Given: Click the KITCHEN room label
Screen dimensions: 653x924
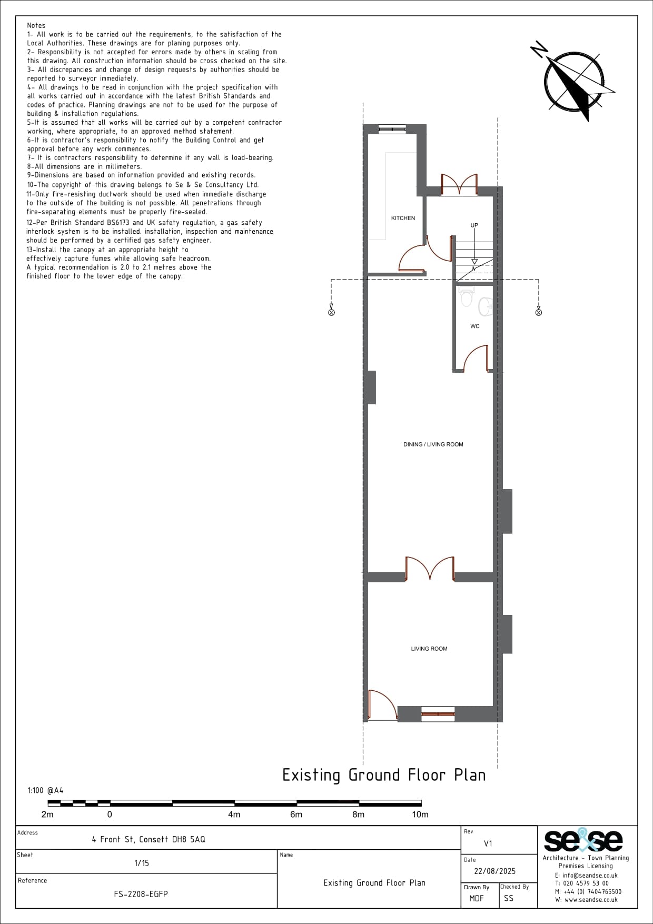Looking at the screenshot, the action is tap(403, 218).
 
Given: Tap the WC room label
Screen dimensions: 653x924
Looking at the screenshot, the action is tap(475, 326).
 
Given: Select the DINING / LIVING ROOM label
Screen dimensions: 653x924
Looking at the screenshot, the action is tap(433, 444).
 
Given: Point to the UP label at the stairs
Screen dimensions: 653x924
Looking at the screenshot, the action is tap(474, 225).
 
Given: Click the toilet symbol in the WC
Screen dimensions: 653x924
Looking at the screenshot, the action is tap(466, 296).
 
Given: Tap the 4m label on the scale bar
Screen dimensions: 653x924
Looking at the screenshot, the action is tap(234, 814).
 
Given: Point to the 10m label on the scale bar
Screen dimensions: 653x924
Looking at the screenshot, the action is tap(420, 814).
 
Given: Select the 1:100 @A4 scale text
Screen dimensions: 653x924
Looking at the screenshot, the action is tap(45, 790).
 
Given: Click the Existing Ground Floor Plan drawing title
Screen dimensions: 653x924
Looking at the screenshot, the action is tap(384, 775).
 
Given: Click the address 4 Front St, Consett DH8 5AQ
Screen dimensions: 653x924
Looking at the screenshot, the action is tap(149, 839).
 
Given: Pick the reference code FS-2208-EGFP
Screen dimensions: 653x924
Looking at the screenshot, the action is tap(141, 894).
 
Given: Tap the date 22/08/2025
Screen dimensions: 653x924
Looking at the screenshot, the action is tap(495, 871).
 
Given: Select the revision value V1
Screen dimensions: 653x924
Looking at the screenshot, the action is tap(488, 843).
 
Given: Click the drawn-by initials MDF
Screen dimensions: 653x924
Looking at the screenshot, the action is tap(477, 898).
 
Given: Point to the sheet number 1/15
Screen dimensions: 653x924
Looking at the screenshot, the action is tap(142, 863).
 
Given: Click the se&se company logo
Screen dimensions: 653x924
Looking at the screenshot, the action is tap(583, 840).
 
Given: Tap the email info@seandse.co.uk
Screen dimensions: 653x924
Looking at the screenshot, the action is tap(586, 876).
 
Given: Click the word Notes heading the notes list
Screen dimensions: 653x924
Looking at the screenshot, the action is tap(36, 25).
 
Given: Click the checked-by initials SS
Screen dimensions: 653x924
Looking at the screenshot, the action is tap(508, 898).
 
